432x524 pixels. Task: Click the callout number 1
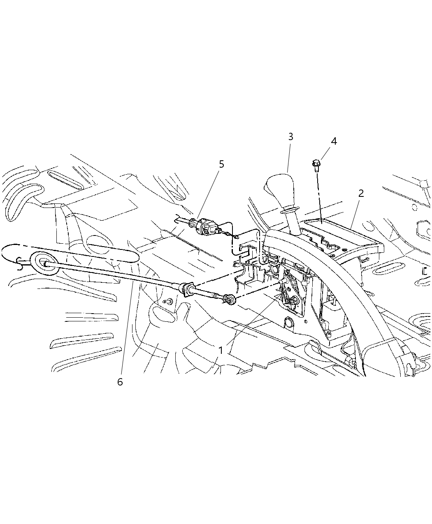pyautogui.click(x=221, y=350)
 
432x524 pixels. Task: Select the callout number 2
pyautogui.click(x=361, y=193)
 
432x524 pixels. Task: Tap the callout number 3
pyautogui.click(x=290, y=136)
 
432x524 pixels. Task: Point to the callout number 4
pyautogui.click(x=334, y=141)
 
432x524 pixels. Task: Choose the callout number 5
pyautogui.click(x=221, y=164)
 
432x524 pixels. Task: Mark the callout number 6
pyautogui.click(x=120, y=382)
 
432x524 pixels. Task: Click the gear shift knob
pyautogui.click(x=281, y=190)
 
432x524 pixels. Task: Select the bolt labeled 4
pyautogui.click(x=316, y=165)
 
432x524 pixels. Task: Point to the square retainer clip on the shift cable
pyautogui.click(x=188, y=289)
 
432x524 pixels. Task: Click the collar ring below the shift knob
pyautogui.click(x=290, y=210)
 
